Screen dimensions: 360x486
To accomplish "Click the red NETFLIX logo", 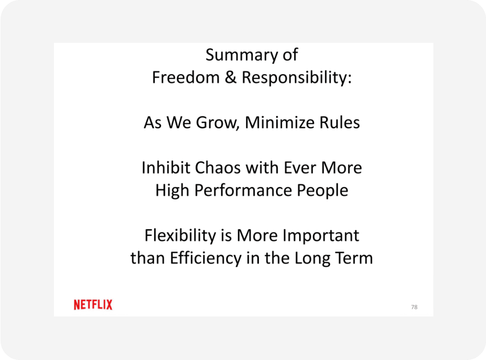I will (x=93, y=305).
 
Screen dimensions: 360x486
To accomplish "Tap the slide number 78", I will (x=414, y=307).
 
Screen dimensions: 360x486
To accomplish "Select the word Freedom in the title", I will (x=186, y=78).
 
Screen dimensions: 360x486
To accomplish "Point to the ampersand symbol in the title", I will (x=231, y=78).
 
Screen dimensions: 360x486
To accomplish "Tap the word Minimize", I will (x=279, y=123).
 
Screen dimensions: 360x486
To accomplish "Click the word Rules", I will (x=339, y=123).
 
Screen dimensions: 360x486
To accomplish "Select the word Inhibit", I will (x=166, y=168).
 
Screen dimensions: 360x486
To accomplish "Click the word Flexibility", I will (x=180, y=236).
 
